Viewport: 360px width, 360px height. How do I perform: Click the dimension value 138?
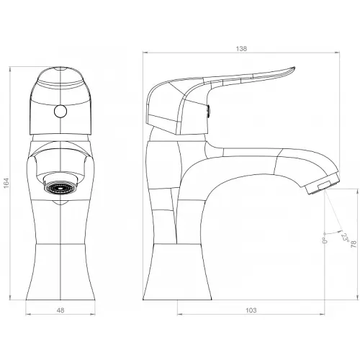coord(241,49)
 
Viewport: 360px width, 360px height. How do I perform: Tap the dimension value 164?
coord(6,183)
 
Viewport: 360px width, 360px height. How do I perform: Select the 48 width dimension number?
coord(60,310)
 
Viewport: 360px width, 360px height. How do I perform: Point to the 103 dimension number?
coord(251,310)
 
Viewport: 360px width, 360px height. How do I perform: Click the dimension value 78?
coord(354,245)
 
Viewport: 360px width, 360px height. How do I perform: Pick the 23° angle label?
coord(345,238)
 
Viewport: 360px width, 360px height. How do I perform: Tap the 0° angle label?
coord(325,240)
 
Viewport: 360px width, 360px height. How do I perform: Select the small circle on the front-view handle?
coord(60,112)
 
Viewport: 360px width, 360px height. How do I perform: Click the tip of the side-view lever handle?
coord(294,68)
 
